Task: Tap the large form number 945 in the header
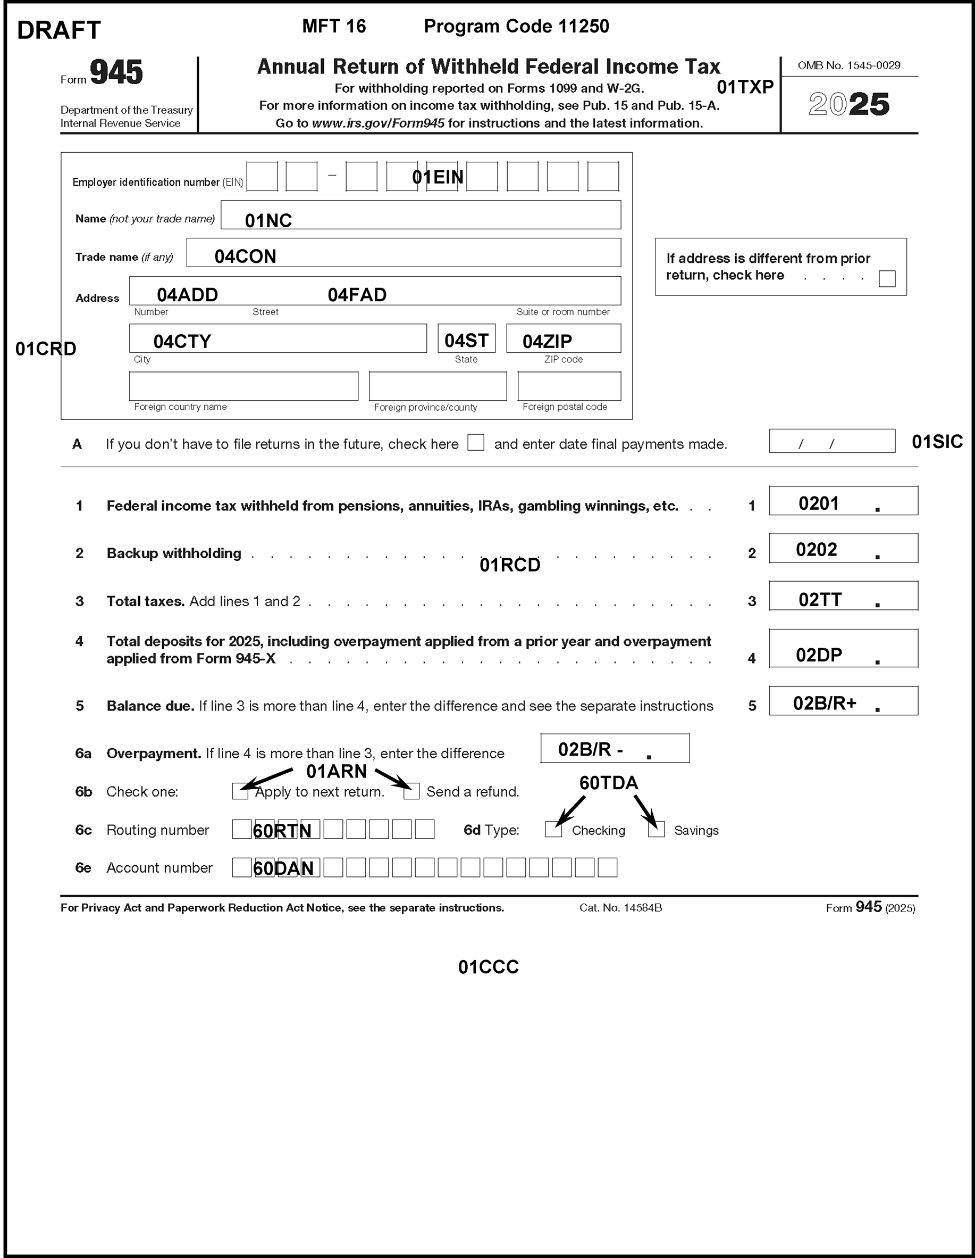(x=116, y=72)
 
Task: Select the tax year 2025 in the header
(x=849, y=104)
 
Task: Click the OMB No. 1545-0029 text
(x=849, y=65)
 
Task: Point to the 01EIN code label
(x=438, y=177)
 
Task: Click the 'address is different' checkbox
(x=887, y=279)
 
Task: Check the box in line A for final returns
(x=475, y=442)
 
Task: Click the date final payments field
(x=831, y=441)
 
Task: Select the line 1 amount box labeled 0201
(x=843, y=501)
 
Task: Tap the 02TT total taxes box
(x=843, y=596)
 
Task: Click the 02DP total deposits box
(x=843, y=649)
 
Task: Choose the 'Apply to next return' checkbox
(x=240, y=791)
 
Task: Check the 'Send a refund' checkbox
(x=411, y=791)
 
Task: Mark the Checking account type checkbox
(x=553, y=830)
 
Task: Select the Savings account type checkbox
(x=656, y=830)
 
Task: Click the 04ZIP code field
(x=564, y=338)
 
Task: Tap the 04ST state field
(x=466, y=338)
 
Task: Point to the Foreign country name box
(x=243, y=386)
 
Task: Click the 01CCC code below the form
(x=488, y=967)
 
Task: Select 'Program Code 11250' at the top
(x=516, y=27)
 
